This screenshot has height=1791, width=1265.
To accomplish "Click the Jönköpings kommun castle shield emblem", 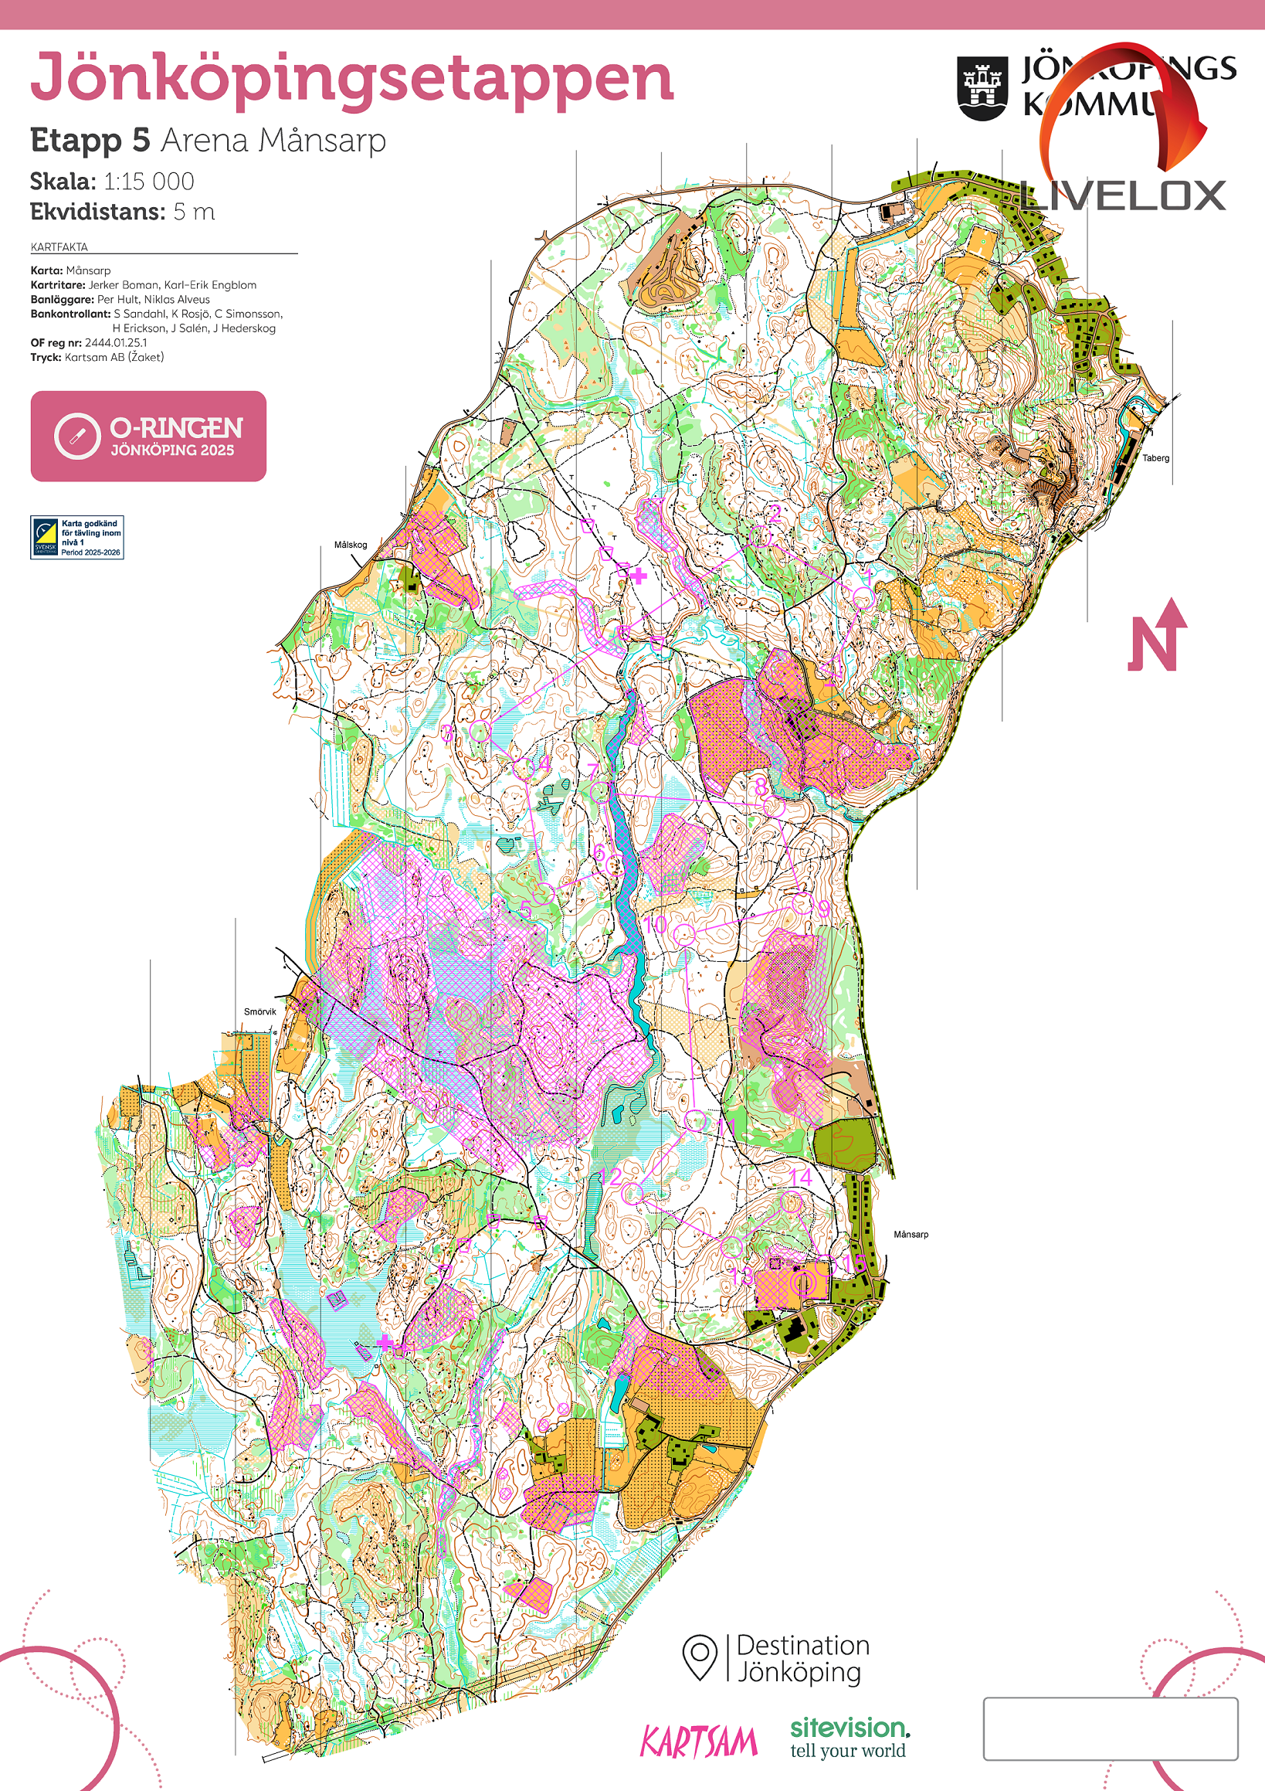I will tap(982, 88).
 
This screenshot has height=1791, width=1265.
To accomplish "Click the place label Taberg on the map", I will tap(1155, 458).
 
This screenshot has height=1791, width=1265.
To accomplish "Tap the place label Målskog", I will tap(350, 545).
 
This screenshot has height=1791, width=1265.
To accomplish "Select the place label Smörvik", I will tap(259, 1011).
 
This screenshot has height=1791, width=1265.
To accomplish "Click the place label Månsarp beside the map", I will tap(911, 1234).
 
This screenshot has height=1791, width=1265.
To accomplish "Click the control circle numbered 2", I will tap(760, 537).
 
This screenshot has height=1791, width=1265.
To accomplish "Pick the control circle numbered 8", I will tap(773, 807).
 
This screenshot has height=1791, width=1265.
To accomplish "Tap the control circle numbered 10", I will tap(684, 934).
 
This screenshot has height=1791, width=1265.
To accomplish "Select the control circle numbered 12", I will tap(633, 1192).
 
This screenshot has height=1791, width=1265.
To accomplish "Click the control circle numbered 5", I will tap(544, 892).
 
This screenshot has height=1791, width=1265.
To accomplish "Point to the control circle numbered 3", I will tap(480, 731).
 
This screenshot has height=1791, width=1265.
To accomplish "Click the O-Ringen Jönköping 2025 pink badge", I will tap(148, 436).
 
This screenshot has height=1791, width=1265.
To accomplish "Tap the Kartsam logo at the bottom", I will tap(698, 1741).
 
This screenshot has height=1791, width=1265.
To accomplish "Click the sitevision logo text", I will tap(850, 1727).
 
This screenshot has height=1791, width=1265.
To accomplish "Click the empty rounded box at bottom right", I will tap(1110, 1728).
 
